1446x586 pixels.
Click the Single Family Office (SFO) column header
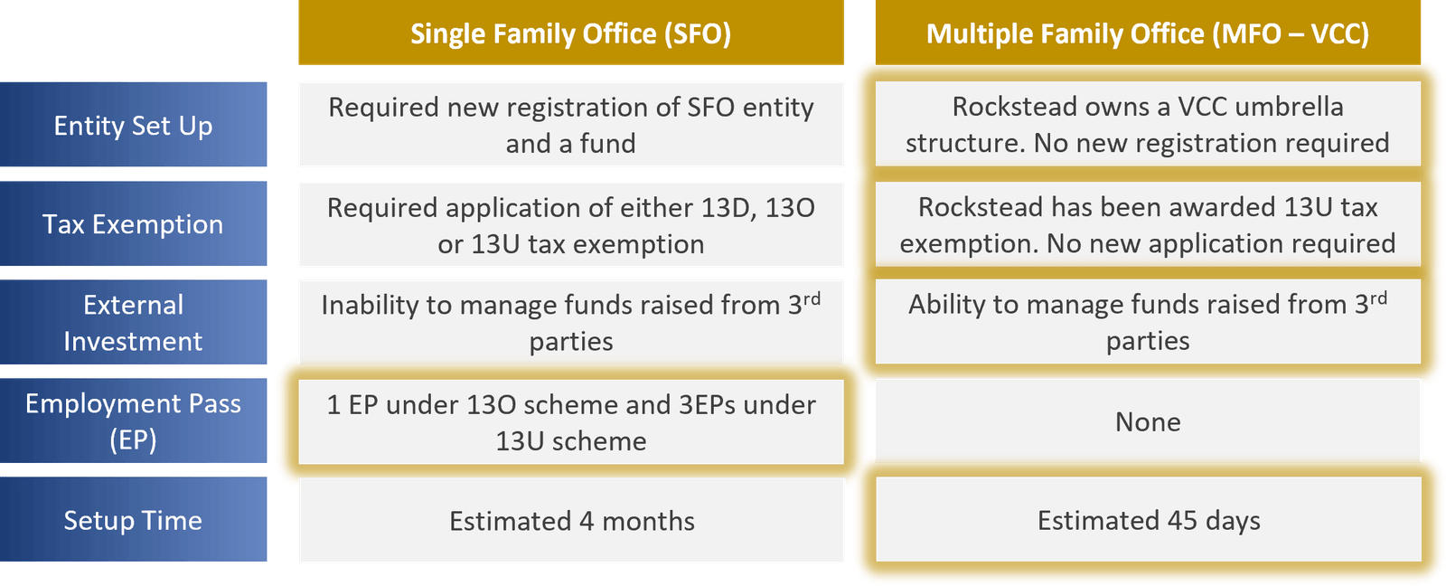click(x=570, y=33)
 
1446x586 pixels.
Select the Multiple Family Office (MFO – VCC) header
click(x=1148, y=33)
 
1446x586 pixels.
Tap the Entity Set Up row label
click(x=133, y=125)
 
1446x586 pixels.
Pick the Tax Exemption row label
click(x=133, y=223)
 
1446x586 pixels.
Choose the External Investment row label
click(x=133, y=323)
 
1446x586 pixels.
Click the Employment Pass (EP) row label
click(x=133, y=421)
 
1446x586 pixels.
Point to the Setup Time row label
click(x=133, y=519)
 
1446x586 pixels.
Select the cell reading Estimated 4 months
click(x=571, y=520)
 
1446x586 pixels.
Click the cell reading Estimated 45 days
click(x=1149, y=519)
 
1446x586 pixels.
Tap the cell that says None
click(x=1149, y=421)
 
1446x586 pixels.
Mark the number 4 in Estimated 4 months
click(x=587, y=521)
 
